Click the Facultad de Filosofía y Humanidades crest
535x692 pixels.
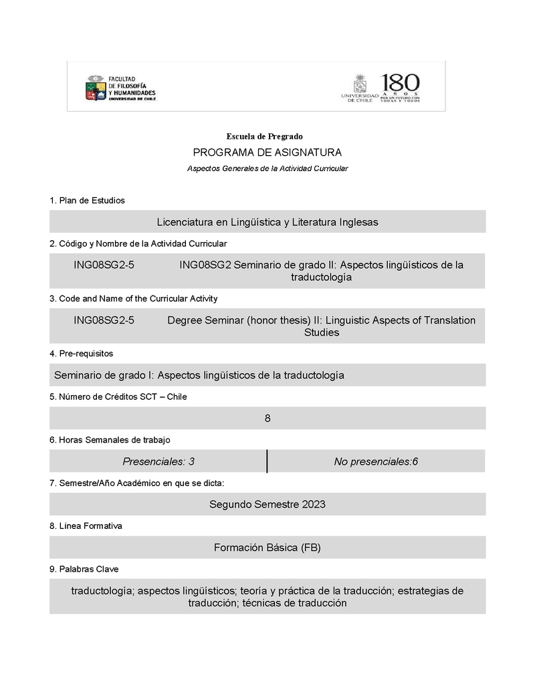coord(95,88)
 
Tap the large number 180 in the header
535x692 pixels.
coord(401,84)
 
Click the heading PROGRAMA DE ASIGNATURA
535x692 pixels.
coord(267,152)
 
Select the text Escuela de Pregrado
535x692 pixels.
coord(264,136)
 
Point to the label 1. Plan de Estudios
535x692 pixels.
coord(87,201)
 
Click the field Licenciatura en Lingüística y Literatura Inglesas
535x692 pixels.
coord(267,222)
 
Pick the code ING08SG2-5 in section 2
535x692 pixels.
coord(104,265)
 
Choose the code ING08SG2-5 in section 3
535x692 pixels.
coord(104,320)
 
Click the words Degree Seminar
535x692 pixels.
coord(205,320)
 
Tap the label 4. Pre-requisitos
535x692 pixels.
coord(81,353)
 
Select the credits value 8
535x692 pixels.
coord(267,419)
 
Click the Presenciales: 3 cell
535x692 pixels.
coord(158,461)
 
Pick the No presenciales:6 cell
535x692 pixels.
coord(376,461)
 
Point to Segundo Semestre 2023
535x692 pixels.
coord(267,504)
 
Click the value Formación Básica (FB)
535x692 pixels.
coord(267,548)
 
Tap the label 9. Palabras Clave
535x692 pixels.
coord(84,569)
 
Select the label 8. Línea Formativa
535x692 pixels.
coord(86,526)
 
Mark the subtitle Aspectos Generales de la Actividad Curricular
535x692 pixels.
coord(267,168)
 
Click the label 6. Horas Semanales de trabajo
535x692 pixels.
coord(110,440)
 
